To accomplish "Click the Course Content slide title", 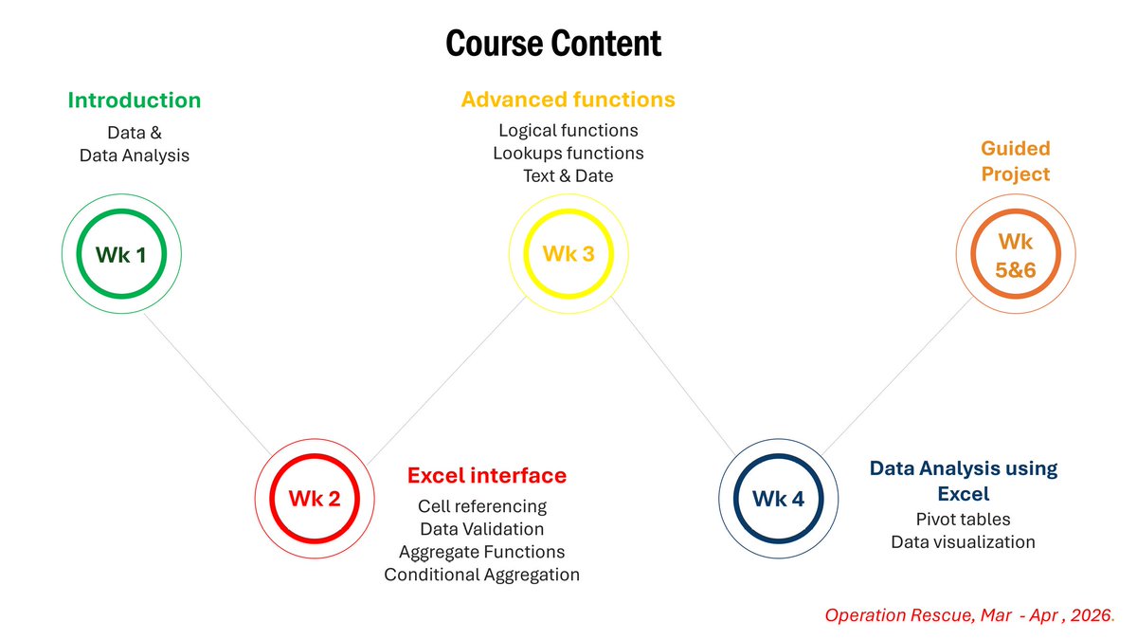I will coord(553,44).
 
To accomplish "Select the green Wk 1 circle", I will coord(121,254).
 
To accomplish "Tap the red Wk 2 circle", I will coord(314,498).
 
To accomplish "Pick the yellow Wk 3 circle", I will coord(568,254).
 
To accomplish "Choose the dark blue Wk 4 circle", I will coord(778,498).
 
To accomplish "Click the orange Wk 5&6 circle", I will coord(1015,256).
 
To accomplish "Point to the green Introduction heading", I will coord(134,101).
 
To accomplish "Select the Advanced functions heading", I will coord(568,100).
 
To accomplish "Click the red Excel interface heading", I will coord(486,475).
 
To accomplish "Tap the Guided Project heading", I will coord(1016,161).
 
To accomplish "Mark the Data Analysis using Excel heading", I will coord(963,481).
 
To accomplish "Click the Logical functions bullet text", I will coord(568,130).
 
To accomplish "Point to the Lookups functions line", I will coord(568,153).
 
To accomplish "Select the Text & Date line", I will coord(568,175).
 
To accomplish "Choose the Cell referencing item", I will coord(481,506).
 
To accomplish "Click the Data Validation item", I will coord(481,529).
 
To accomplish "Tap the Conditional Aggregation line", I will coord(481,575).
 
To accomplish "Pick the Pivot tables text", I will coord(963,520).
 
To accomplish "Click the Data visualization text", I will coord(963,542).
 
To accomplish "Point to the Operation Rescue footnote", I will coord(969,615).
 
